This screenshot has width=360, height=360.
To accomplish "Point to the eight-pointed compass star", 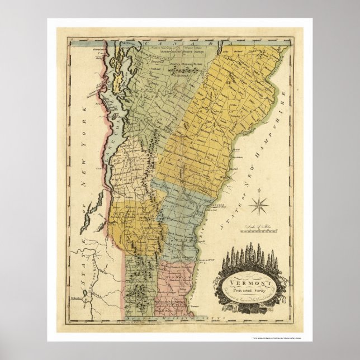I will [259, 203].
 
